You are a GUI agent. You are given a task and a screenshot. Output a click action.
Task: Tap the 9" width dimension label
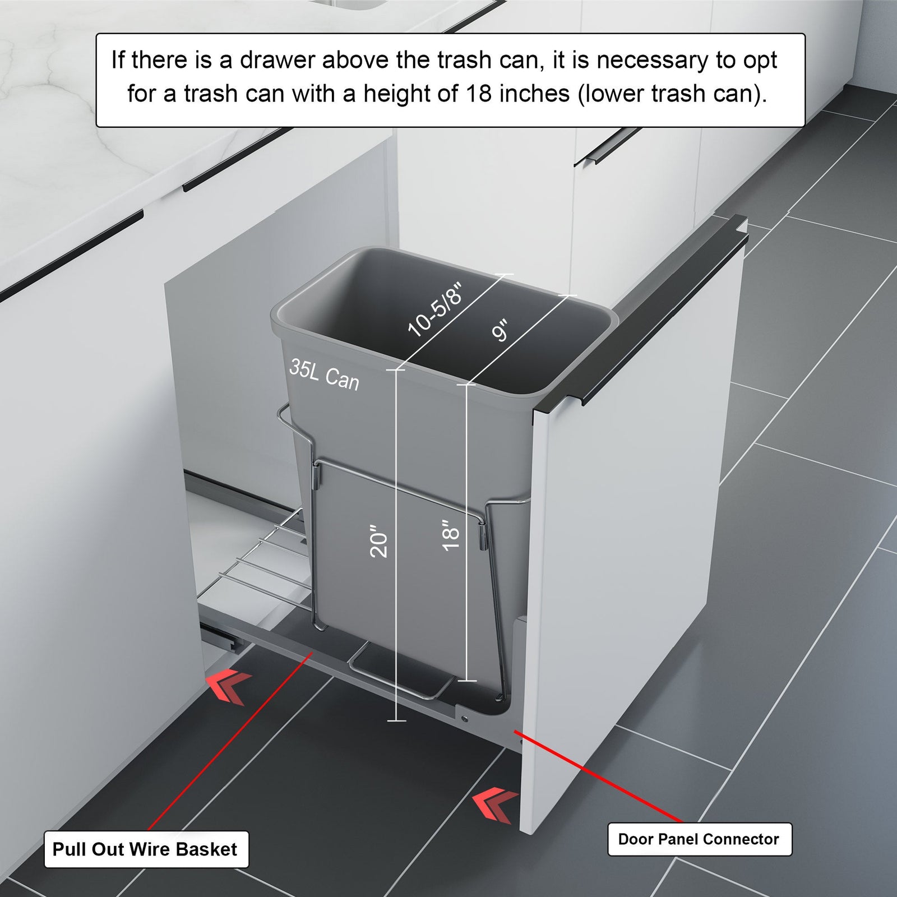pos(500,330)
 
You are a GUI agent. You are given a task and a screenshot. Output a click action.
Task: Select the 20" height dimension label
pos(379,541)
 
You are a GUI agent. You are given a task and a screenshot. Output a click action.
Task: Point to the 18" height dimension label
pos(451,535)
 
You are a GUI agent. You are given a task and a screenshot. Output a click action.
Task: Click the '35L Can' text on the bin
pos(324,374)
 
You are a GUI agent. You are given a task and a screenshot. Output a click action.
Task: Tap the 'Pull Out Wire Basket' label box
pos(146,849)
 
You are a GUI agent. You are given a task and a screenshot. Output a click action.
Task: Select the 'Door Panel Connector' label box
pos(699,839)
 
